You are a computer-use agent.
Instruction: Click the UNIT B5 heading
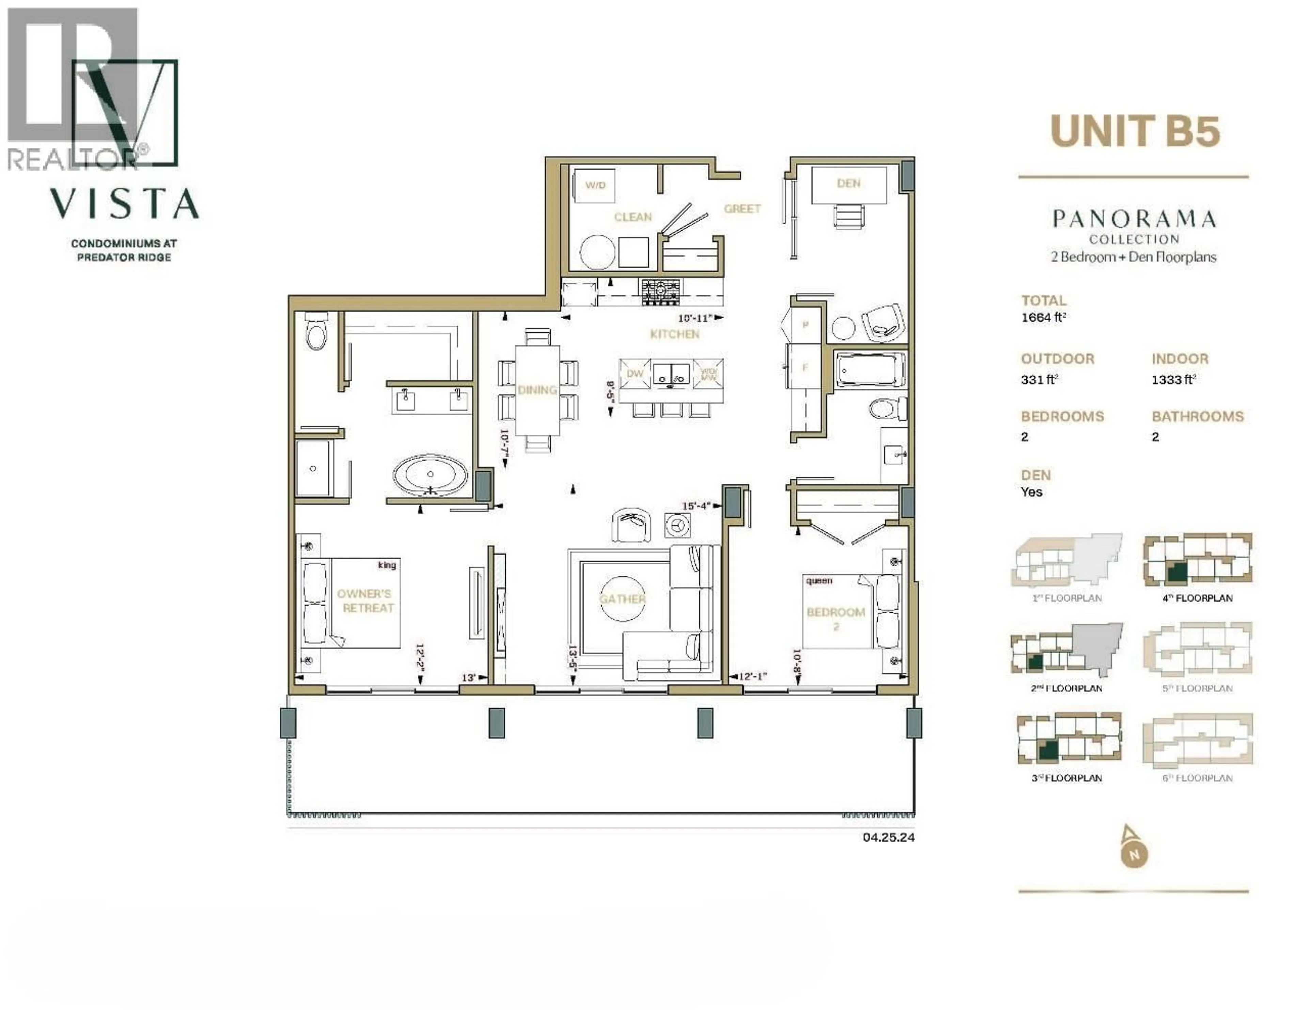point(1135,132)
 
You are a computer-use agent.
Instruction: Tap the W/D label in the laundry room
point(595,185)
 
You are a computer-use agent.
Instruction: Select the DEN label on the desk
point(848,183)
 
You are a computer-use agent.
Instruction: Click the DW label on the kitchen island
point(635,373)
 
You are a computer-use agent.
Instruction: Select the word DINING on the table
point(537,390)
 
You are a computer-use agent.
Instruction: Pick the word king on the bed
point(387,565)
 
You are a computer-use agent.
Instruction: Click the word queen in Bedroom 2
point(819,581)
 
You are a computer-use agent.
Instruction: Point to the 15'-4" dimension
point(697,506)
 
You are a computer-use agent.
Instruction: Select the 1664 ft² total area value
point(1043,317)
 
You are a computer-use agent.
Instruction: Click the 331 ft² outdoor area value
point(1039,380)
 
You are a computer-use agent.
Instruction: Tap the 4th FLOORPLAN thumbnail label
point(1197,598)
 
